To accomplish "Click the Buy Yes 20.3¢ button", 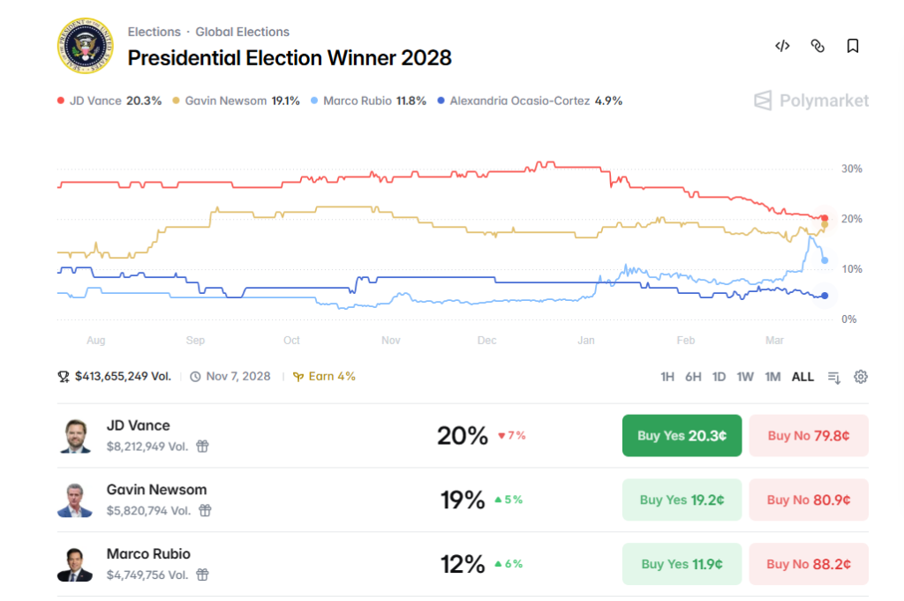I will pyautogui.click(x=682, y=436).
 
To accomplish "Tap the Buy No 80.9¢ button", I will pyautogui.click(x=809, y=500).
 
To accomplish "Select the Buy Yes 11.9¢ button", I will pyautogui.click(x=682, y=564).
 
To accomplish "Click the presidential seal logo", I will pyautogui.click(x=87, y=46).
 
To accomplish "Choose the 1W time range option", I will pyautogui.click(x=745, y=377).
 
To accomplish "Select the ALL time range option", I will pyautogui.click(x=802, y=377).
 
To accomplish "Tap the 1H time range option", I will pyautogui.click(x=667, y=377).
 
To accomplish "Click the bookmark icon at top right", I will pyautogui.click(x=853, y=46).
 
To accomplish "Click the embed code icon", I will pyautogui.click(x=782, y=46).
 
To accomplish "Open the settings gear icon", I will pyautogui.click(x=861, y=377).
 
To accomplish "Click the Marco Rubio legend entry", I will pyautogui.click(x=369, y=101).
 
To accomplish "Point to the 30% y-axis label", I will pyautogui.click(x=851, y=169).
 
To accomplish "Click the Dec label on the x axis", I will pyautogui.click(x=486, y=340).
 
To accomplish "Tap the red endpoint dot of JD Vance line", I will pyautogui.click(x=825, y=218).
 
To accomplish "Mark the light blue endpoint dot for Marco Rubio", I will pyautogui.click(x=825, y=260).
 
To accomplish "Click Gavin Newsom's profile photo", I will pyautogui.click(x=75, y=500).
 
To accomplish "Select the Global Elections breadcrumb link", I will pyautogui.click(x=242, y=32).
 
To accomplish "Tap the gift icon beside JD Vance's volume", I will pyautogui.click(x=203, y=447).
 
